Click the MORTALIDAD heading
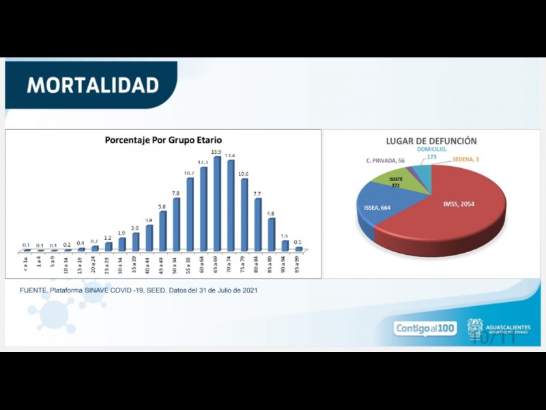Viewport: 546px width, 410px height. (x=92, y=85)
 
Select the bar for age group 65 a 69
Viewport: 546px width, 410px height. (x=217, y=205)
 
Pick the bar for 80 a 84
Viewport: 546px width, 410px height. (x=258, y=225)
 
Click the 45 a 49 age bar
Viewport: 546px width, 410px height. (x=163, y=231)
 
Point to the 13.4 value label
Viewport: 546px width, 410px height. (x=231, y=154)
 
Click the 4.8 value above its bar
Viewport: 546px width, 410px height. (x=271, y=213)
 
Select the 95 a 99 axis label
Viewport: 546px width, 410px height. (x=299, y=264)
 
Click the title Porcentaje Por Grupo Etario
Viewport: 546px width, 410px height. (x=163, y=139)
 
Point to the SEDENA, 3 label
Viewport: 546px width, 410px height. (x=467, y=159)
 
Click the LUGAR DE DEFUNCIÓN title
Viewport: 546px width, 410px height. (x=431, y=141)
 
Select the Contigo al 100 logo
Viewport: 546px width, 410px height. (x=425, y=329)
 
